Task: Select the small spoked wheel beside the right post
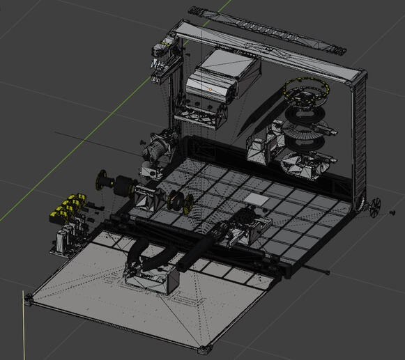point(374,207)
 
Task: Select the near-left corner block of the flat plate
point(29,300)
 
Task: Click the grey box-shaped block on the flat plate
point(155,280)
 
